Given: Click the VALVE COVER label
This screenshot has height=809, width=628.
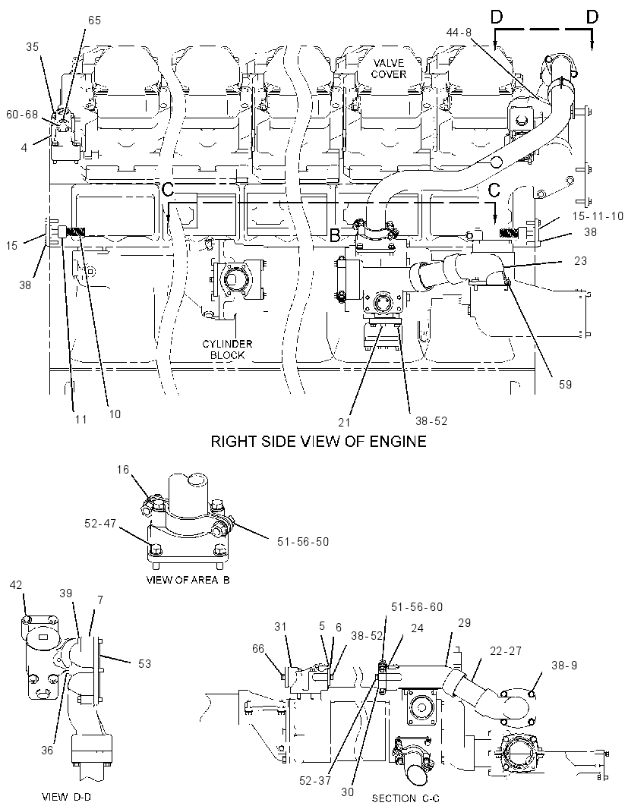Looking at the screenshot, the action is coord(388,68).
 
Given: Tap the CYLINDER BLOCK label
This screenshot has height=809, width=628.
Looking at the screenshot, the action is coord(227,349).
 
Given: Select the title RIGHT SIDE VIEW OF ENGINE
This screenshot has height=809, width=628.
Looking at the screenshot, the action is coord(319,441).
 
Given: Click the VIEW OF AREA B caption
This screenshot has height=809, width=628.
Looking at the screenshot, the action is coord(188,579).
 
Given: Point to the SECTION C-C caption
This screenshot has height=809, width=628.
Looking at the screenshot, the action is coord(406,798).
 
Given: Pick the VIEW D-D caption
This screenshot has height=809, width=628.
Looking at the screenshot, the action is coord(67,797).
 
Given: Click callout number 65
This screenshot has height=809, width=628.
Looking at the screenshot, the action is coord(94,20).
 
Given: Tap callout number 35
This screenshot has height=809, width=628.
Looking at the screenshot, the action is coord(32,47).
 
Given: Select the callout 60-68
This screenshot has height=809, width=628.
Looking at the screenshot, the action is coord(22,114).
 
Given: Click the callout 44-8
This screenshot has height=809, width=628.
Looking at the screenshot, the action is coord(459,33).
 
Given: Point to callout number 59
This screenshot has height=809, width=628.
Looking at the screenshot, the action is coord(565,384).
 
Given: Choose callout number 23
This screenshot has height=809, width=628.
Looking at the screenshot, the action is coord(580,260).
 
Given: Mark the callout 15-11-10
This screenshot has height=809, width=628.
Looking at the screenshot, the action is coord(598,216).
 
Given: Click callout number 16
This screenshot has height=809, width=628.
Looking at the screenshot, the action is coord(122,469).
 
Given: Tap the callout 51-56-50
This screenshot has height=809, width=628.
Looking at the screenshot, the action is coord(303,541).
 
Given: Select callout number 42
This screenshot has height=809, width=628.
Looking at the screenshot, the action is coord(16,584).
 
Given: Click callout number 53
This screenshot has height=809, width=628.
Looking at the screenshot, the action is coord(144,663).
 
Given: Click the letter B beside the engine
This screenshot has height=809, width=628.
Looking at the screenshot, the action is coord(335,236).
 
